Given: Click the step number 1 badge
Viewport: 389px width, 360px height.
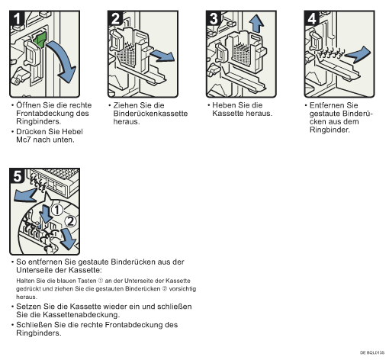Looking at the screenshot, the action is point(17,18).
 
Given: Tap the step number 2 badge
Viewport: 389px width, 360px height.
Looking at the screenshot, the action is point(115,18).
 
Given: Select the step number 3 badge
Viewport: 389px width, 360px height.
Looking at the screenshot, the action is point(214,18).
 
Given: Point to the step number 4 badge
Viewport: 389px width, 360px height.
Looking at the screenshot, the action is point(312,18).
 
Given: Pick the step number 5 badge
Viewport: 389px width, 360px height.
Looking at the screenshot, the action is point(17,175).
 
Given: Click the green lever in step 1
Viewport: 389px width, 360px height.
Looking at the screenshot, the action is point(40,40).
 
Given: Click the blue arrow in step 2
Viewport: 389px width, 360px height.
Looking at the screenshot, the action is point(162,56).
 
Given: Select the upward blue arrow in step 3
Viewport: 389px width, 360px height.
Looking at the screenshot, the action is point(256,24).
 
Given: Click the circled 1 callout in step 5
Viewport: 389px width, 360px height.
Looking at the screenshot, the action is point(57,211).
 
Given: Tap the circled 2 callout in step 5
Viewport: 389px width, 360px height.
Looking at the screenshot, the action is point(70,221).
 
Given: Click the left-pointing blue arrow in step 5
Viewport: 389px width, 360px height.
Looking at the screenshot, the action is point(25,195).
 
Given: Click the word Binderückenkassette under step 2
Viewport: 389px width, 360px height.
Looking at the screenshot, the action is point(150,114).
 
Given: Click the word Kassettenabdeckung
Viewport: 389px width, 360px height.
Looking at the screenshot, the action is point(81,315).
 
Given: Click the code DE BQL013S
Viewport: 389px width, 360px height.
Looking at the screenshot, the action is point(372,352).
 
